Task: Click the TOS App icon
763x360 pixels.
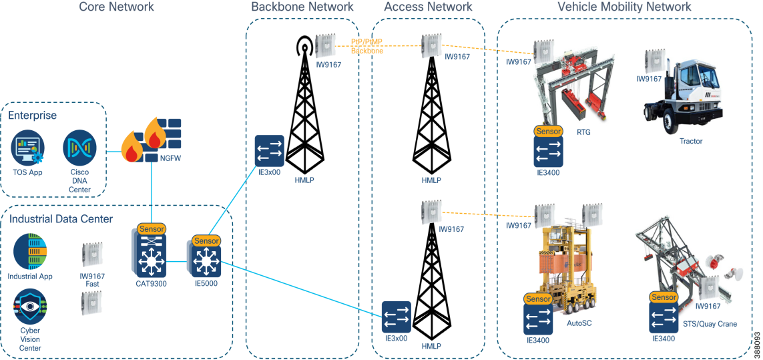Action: (28, 148)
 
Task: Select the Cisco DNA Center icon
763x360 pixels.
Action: (80, 148)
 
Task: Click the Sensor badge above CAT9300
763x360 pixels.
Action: (151, 229)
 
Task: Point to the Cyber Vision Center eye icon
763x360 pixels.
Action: (29, 307)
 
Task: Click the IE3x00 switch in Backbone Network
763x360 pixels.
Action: (270, 151)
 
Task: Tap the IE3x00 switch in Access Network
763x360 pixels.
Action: (397, 317)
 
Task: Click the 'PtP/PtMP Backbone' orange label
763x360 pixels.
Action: (367, 46)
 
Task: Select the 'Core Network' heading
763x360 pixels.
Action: (116, 7)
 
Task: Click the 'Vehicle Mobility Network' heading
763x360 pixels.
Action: (624, 7)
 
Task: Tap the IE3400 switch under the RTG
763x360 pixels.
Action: (549, 152)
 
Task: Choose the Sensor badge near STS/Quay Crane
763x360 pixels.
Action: (664, 297)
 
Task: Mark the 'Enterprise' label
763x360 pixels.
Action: (32, 116)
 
